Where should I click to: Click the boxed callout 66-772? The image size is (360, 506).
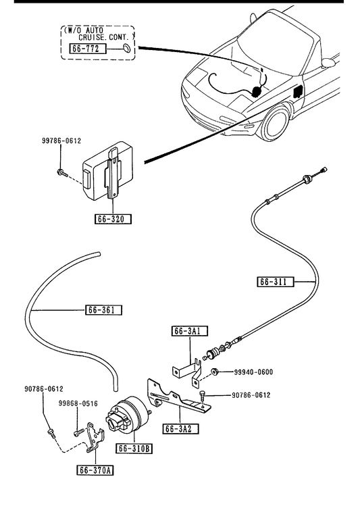click(88, 49)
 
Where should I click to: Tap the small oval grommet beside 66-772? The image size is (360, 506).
click(127, 47)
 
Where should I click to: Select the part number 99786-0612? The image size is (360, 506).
click(61, 141)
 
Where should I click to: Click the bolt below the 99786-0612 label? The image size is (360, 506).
click(61, 173)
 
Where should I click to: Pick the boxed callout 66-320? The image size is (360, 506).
click(113, 219)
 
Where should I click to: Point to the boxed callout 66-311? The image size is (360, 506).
click(276, 282)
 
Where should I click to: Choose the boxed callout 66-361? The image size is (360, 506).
click(104, 310)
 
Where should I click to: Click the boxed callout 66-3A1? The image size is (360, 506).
click(190, 331)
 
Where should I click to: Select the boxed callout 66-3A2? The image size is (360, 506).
click(180, 428)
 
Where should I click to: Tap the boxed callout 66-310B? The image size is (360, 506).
click(134, 448)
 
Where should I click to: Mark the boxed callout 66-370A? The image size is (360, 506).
click(95, 470)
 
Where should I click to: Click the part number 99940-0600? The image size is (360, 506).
click(253, 372)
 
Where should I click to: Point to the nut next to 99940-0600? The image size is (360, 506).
click(215, 372)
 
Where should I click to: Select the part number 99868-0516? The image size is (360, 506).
click(78, 403)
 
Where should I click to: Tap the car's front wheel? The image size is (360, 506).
click(275, 123)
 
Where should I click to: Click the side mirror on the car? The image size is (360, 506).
click(329, 62)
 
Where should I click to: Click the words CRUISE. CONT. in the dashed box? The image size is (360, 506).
click(107, 37)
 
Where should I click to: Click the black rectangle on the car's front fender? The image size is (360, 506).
click(298, 92)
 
